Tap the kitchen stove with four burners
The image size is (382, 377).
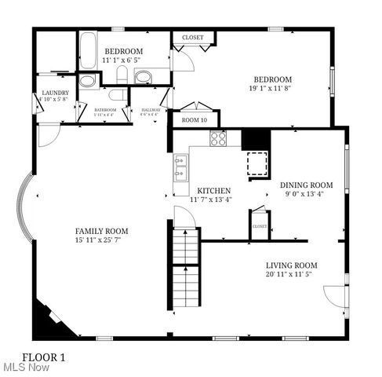[x=218, y=139]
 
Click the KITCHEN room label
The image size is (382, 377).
[x=213, y=191]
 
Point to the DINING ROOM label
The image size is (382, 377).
[x=307, y=185]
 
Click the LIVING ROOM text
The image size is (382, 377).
[x=291, y=265]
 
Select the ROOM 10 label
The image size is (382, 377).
[x=195, y=120]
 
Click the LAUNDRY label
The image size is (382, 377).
[x=55, y=93]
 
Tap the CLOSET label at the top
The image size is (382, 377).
[x=193, y=37]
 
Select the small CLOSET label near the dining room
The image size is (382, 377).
[x=259, y=226]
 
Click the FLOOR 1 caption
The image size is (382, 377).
[x=44, y=357]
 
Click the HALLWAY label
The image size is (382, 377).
[x=150, y=111]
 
